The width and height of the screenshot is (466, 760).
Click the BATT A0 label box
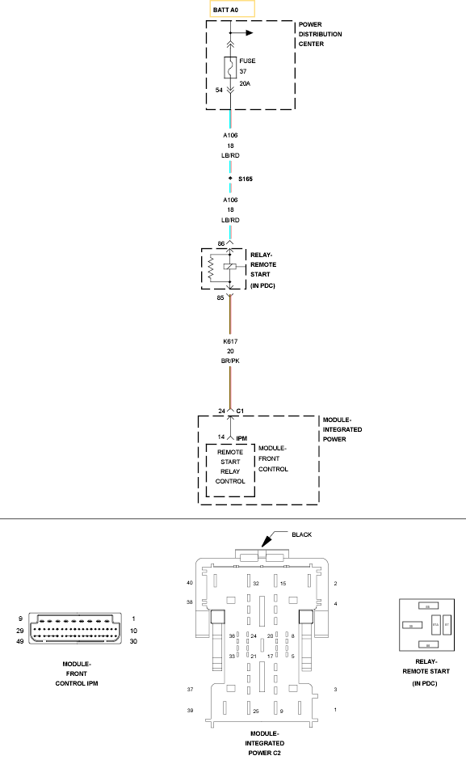(x=232, y=9)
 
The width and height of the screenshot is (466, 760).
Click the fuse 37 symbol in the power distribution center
(x=230, y=70)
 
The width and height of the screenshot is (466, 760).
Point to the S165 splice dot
(x=230, y=178)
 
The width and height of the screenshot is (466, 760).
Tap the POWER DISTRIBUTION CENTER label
(x=320, y=35)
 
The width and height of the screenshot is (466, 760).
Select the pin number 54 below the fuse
(x=218, y=90)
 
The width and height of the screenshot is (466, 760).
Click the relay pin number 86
(x=220, y=243)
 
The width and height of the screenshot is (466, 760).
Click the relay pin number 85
(x=220, y=298)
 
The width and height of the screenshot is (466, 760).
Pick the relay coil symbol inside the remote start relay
(x=230, y=268)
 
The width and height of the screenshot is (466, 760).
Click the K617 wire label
(x=230, y=341)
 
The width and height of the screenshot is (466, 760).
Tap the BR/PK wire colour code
(x=230, y=361)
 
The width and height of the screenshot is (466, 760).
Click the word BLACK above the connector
(x=301, y=534)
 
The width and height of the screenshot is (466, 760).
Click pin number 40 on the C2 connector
(x=190, y=582)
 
